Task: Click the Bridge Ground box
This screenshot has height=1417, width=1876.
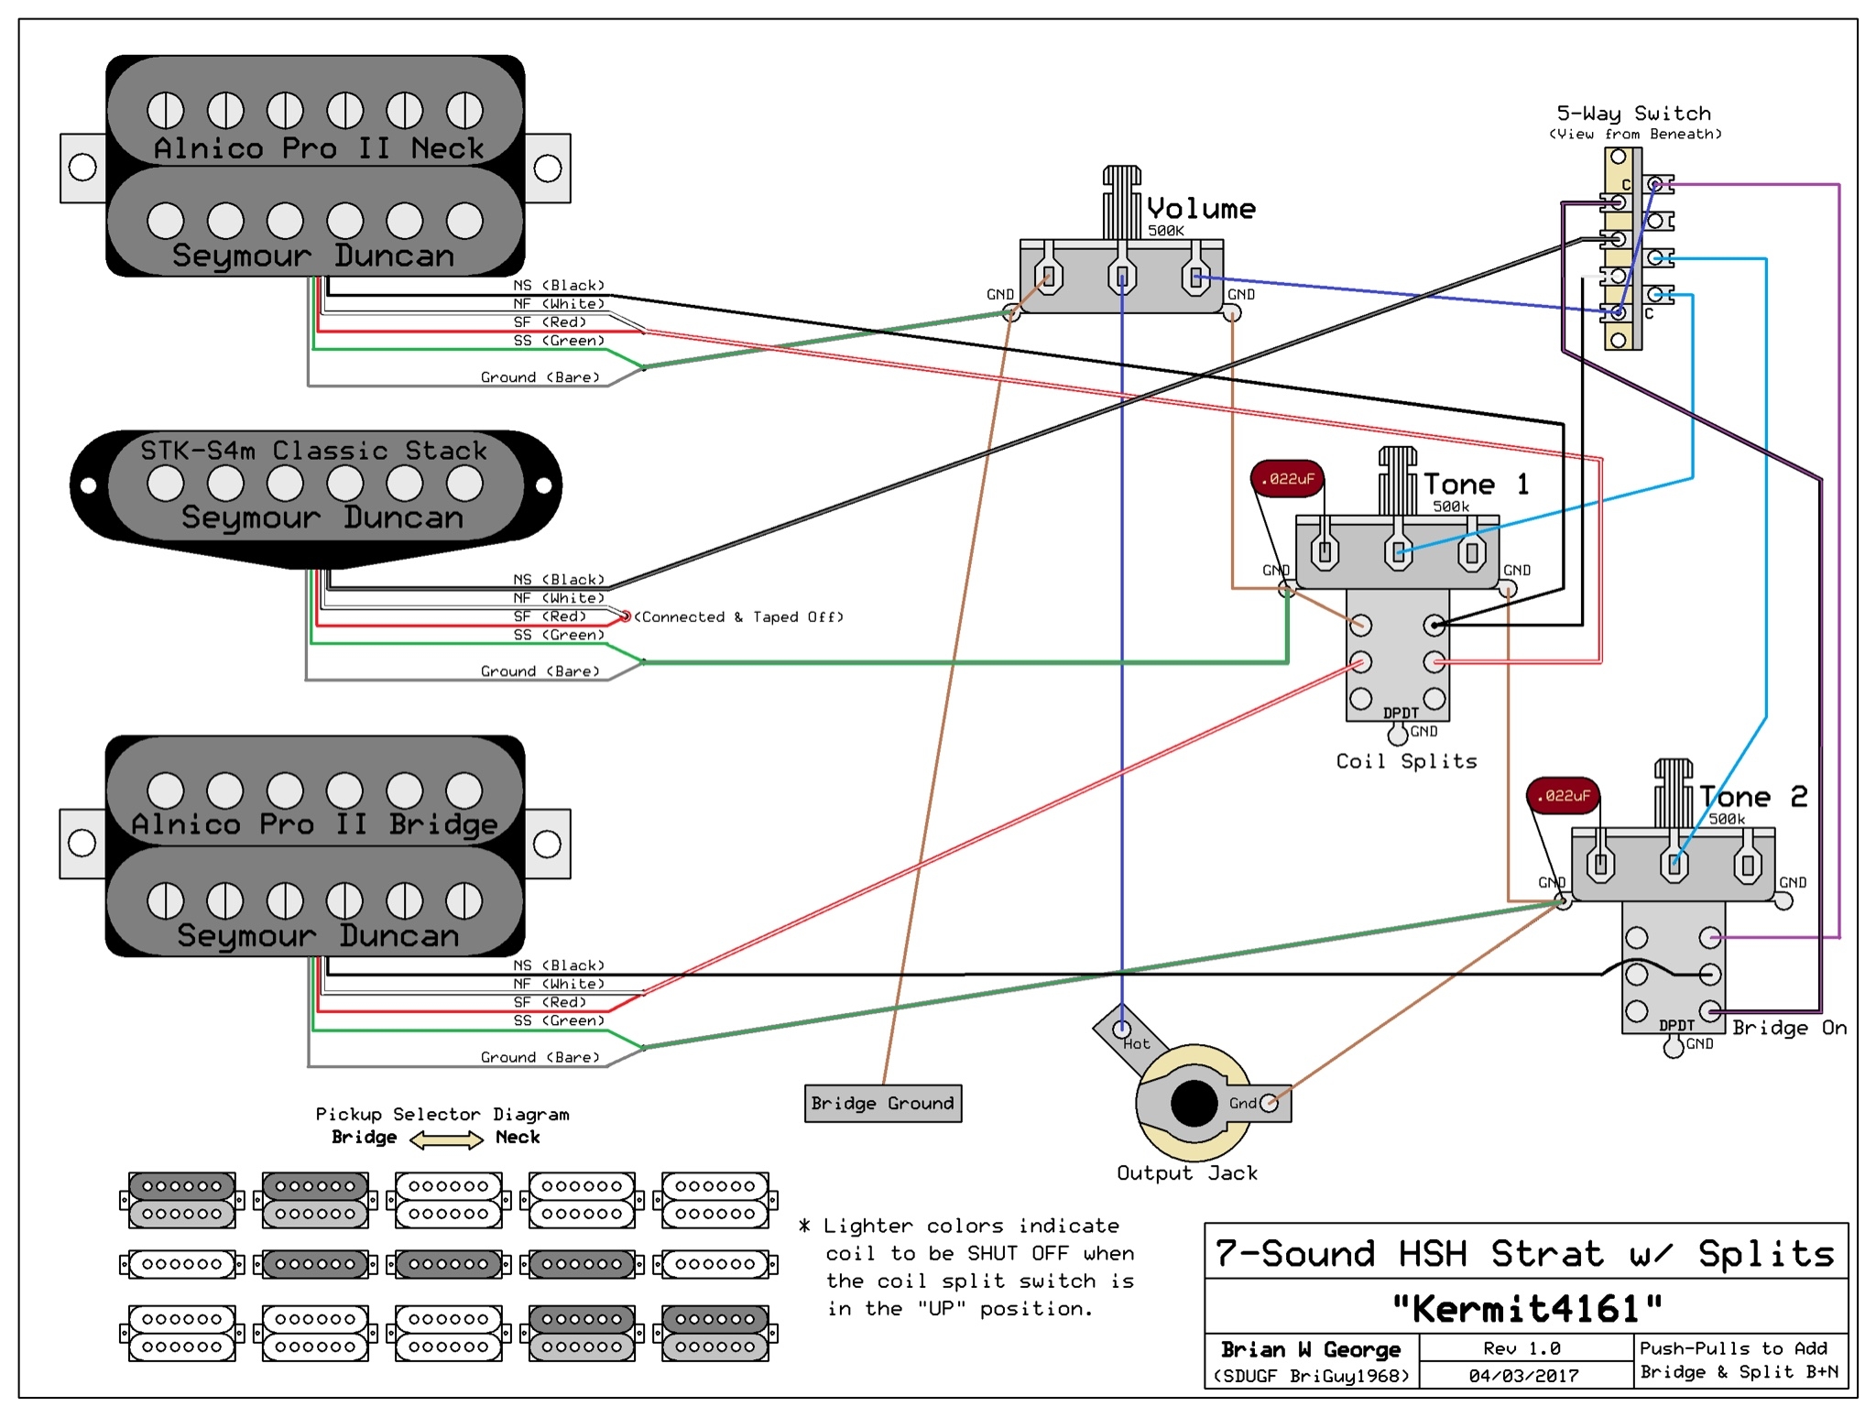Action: pyautogui.click(x=883, y=1103)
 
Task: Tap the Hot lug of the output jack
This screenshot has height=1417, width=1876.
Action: pyautogui.click(x=1122, y=1030)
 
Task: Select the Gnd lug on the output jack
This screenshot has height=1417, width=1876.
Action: pyautogui.click(x=1269, y=1103)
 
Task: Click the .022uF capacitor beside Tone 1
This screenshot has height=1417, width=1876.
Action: pyautogui.click(x=1287, y=478)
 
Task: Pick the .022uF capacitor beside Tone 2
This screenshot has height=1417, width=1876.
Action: pyautogui.click(x=1563, y=795)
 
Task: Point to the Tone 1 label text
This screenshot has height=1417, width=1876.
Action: pyautogui.click(x=1476, y=484)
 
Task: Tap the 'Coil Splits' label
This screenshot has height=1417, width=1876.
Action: pyautogui.click(x=1406, y=761)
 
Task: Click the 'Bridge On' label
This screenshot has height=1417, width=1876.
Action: pyautogui.click(x=1789, y=1028)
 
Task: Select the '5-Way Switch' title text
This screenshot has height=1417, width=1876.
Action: pyautogui.click(x=1634, y=114)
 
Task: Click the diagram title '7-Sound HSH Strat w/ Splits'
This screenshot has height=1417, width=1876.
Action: pyautogui.click(x=1525, y=1253)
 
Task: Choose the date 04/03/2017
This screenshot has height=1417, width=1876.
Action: pyautogui.click(x=1524, y=1375)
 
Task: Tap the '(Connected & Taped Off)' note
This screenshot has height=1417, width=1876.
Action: pyautogui.click(x=738, y=616)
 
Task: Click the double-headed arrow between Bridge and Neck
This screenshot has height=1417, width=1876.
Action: pyautogui.click(x=446, y=1139)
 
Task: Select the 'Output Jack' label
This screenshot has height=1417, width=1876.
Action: pyautogui.click(x=1186, y=1172)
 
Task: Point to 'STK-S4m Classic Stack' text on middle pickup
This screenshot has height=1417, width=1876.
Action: pyautogui.click(x=313, y=451)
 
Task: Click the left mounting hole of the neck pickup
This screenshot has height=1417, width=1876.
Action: pyautogui.click(x=82, y=167)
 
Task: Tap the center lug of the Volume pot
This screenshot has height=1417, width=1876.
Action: pyautogui.click(x=1122, y=276)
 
